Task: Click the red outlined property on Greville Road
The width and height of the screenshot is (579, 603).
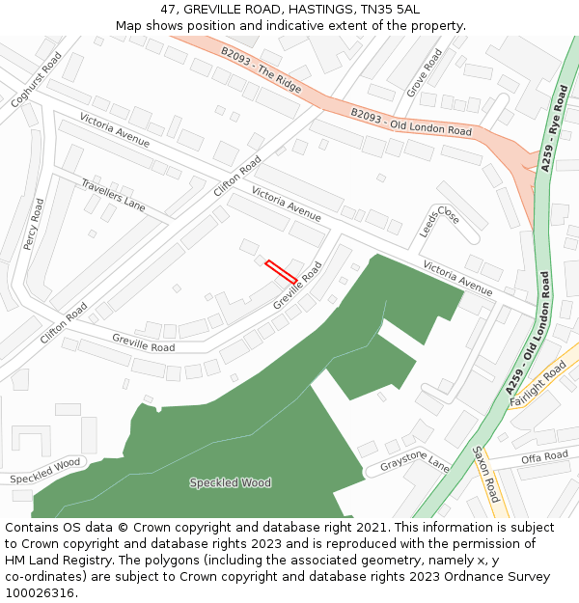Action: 281,272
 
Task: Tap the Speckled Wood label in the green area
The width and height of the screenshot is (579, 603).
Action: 230,482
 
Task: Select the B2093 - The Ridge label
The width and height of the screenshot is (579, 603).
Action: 261,70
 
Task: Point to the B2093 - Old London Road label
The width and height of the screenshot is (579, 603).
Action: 411,123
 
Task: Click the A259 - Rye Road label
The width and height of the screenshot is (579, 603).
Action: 555,127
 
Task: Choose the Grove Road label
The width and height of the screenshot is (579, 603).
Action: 425,73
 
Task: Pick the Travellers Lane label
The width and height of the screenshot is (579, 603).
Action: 113,195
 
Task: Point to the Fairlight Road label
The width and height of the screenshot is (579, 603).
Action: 540,384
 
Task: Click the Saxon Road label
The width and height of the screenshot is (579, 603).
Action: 485,474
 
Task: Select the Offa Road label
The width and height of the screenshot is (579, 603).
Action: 544,457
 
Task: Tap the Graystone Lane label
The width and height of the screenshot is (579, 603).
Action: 414,463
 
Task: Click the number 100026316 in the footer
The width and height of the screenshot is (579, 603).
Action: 41,593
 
